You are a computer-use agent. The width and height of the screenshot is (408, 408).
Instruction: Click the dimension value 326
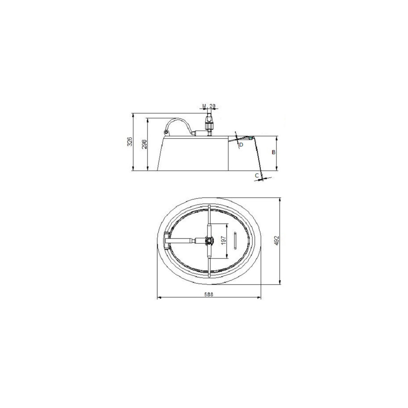pos(131,142)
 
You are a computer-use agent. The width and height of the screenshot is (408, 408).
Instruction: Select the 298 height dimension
pos(144,144)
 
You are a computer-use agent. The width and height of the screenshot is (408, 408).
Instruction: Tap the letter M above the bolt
pos(204,106)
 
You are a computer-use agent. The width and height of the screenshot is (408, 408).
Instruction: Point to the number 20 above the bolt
pos(213,106)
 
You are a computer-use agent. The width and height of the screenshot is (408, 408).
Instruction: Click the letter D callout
pos(241,145)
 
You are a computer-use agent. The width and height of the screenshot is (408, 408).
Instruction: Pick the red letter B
pos(273,152)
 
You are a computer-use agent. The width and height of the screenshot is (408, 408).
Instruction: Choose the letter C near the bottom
pos(257,175)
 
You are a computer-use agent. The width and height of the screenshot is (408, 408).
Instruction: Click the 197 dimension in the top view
pos(223,241)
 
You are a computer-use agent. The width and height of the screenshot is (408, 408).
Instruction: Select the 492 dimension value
pos(277,241)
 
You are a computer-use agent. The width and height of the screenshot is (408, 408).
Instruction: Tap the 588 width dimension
pos(208,295)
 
